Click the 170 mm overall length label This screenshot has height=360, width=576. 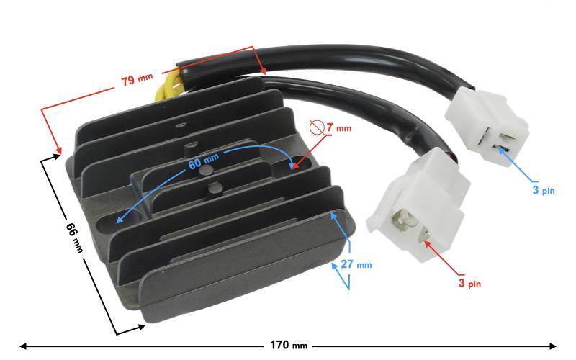(289, 346)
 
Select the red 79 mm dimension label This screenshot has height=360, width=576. (137, 79)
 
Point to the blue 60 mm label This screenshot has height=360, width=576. (204, 161)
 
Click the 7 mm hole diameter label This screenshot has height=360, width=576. (338, 127)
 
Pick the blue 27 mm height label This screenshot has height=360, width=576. (356, 264)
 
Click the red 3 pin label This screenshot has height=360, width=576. (469, 283)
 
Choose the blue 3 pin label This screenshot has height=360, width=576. (544, 190)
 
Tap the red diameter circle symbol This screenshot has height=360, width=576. (316, 127)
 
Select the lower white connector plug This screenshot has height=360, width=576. (419, 204)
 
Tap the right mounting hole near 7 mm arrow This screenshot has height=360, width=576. (290, 167)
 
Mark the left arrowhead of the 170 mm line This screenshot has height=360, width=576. (24, 346)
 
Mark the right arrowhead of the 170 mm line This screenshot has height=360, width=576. (552, 346)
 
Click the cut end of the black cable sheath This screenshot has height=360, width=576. (184, 68)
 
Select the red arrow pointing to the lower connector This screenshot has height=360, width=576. (441, 257)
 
